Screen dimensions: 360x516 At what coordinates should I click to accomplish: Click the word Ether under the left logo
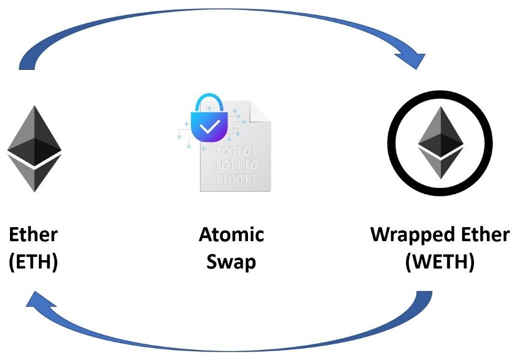[x=34, y=234]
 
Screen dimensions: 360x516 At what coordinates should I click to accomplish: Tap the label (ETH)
[x=34, y=261]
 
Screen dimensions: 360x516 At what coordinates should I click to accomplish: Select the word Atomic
[x=231, y=234]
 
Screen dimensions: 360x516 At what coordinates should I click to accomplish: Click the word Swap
[x=231, y=261]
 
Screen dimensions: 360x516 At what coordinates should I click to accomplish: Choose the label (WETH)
[x=440, y=261]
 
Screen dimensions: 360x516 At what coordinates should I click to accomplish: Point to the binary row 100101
[x=235, y=152]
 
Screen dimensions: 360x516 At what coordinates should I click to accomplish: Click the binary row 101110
[x=235, y=166]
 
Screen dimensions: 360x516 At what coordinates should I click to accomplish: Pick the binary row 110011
[x=235, y=179]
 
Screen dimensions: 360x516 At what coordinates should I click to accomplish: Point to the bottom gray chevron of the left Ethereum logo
[x=34, y=176]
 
